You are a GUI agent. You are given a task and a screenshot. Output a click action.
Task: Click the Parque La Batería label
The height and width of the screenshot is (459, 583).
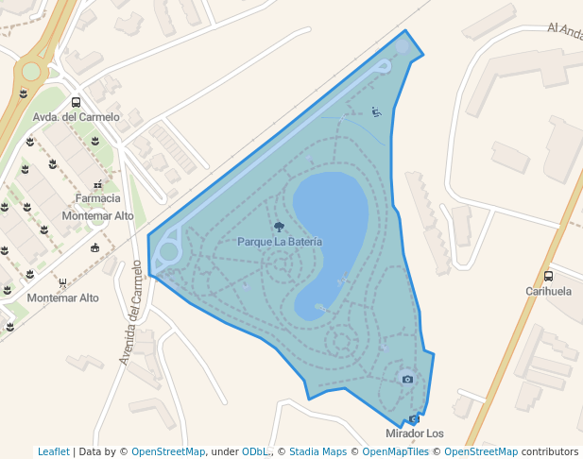tap(280, 242)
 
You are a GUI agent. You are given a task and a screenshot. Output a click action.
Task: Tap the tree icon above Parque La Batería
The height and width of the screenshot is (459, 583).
tap(279, 227)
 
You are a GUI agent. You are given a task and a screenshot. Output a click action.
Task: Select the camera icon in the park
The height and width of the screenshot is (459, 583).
tap(407, 380)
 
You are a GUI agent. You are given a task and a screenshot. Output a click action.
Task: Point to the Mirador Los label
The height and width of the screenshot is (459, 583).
tap(415, 433)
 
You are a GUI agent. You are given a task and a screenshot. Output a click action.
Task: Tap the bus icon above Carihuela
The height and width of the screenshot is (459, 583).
tap(549, 277)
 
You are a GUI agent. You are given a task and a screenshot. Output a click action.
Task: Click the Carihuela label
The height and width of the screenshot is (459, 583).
tap(548, 292)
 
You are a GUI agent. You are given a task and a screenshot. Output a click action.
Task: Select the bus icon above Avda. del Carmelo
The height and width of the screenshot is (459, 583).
tap(76, 103)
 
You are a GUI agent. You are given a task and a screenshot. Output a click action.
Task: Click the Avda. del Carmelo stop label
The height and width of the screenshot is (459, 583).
tap(77, 117)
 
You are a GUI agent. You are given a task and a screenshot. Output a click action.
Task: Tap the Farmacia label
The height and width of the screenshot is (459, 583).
tap(98, 198)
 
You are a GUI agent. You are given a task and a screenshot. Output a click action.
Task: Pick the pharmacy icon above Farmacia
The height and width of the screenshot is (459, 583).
tap(98, 185)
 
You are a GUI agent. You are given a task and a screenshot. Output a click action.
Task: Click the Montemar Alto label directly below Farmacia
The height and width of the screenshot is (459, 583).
tap(98, 215)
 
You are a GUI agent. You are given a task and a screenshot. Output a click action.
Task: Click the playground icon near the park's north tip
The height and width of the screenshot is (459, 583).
tap(377, 112)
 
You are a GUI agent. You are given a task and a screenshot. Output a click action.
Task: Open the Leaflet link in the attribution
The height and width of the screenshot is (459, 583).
tap(54, 451)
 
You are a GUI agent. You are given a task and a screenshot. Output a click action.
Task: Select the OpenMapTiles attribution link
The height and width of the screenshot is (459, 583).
tap(395, 451)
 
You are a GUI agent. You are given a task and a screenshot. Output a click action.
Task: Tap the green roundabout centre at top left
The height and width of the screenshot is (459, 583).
tap(31, 71)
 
